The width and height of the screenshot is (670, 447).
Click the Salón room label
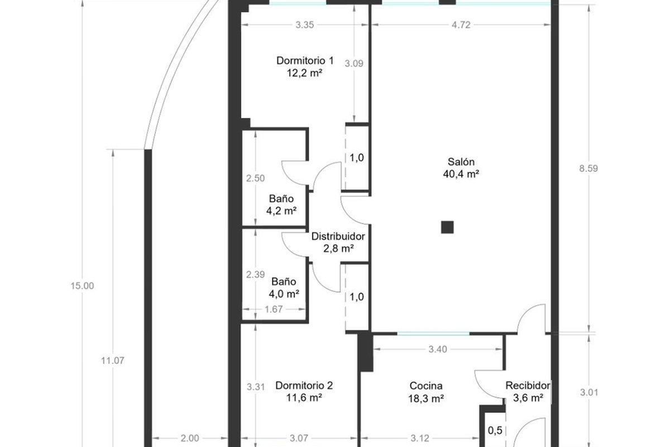(461, 162)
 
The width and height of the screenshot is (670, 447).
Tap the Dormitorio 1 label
(305, 61)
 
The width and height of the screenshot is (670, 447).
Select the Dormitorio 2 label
(304, 386)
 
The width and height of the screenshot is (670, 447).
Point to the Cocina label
(426, 386)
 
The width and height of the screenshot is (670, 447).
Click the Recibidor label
(528, 386)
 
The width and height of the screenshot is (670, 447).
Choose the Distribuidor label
(338, 236)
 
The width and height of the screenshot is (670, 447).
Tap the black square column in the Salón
(447, 227)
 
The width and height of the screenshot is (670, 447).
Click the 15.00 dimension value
(82, 286)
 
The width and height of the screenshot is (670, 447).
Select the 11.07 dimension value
(112, 360)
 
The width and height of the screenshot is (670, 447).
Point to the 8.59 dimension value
(588, 168)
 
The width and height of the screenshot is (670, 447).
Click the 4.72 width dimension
(461, 25)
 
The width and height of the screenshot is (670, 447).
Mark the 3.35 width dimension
(305, 25)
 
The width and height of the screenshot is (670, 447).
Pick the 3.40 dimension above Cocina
(438, 349)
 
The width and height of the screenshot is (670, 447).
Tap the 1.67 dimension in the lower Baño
(274, 309)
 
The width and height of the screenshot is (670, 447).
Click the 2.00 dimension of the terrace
(190, 438)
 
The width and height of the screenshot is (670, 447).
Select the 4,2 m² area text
(281, 211)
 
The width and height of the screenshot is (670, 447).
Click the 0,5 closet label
(495, 430)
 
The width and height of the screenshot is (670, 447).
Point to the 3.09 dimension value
(354, 64)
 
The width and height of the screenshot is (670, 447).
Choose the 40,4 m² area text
(461, 174)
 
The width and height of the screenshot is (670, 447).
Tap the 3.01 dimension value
(589, 392)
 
